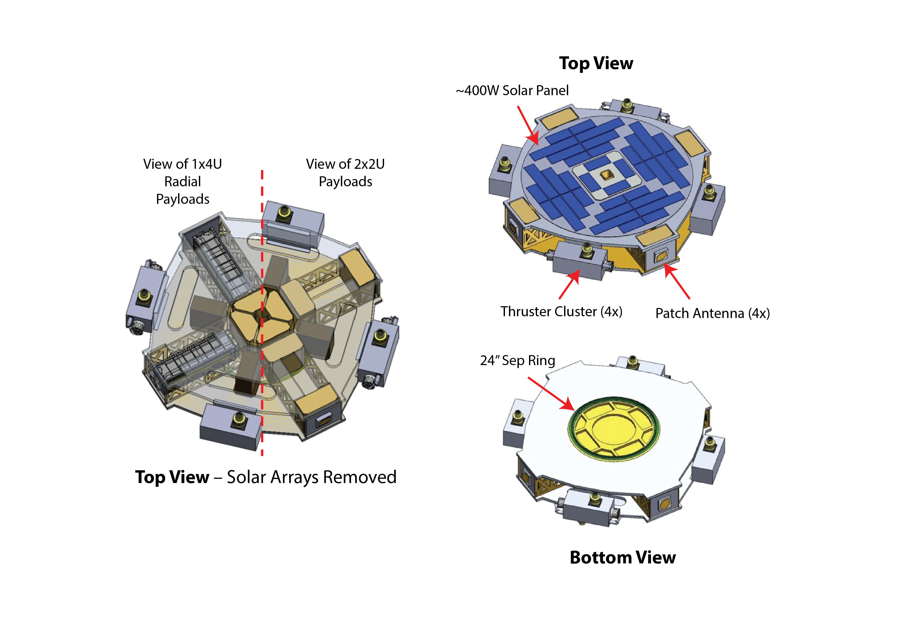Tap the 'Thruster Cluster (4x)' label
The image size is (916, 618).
click(x=561, y=311)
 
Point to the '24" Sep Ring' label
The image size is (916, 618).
click(x=517, y=360)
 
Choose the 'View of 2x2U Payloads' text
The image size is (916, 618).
click(x=345, y=173)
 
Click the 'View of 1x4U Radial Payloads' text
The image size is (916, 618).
click(x=183, y=181)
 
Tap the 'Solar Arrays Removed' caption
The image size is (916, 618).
click(x=311, y=477)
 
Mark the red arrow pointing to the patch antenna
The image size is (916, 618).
click(x=677, y=281)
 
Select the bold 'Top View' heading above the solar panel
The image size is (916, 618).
click(x=596, y=63)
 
